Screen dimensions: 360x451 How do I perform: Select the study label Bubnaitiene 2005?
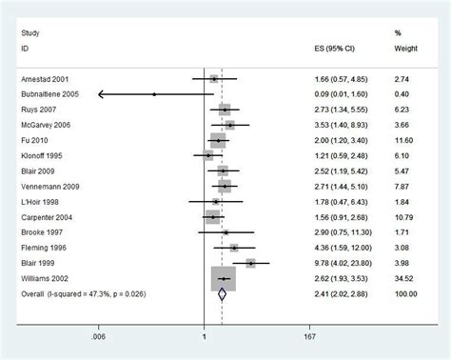pyautogui.click(x=50, y=94)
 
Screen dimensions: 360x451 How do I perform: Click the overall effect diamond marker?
pyautogui.click(x=221, y=294)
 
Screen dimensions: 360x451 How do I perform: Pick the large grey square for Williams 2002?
pyautogui.click(x=223, y=279)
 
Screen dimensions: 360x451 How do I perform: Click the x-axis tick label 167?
pyautogui.click(x=310, y=335)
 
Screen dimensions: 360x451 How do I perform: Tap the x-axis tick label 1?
pyautogui.click(x=205, y=335)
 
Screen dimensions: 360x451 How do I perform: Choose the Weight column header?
pyautogui.click(x=404, y=47)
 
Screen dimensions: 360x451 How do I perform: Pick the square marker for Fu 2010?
pyautogui.click(x=218, y=140)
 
